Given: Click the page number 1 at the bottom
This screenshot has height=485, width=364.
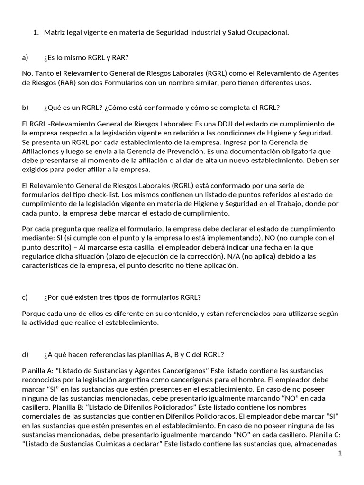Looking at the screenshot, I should (340, 453).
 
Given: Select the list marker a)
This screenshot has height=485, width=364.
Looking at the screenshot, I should (26, 58).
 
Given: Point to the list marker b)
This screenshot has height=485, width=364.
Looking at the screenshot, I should (26, 108).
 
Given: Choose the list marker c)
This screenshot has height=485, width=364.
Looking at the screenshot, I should (25, 297).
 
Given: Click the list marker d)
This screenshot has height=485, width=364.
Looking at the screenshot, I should (26, 354).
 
